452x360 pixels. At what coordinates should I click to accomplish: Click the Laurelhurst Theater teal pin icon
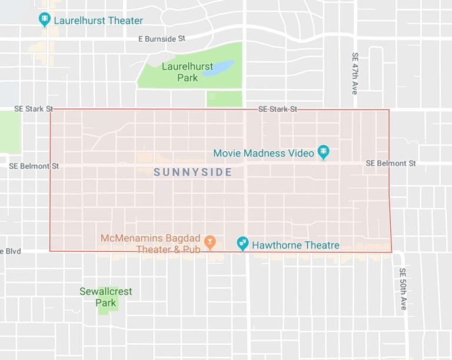[45, 21]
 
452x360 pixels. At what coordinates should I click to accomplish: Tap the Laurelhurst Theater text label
[98, 21]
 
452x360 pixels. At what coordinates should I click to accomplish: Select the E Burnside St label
[162, 39]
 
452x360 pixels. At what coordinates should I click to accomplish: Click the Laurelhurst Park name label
[187, 72]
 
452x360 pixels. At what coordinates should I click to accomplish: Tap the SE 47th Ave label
[355, 74]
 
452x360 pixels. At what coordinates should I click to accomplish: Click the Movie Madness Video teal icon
[323, 153]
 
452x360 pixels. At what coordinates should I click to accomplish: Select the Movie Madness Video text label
[264, 153]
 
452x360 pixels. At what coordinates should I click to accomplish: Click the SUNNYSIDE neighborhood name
[192, 172]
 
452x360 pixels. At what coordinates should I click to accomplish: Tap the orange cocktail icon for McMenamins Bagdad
[210, 241]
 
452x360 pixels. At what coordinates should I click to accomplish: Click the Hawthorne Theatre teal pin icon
[242, 244]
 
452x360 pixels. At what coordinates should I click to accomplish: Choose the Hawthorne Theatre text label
[295, 245]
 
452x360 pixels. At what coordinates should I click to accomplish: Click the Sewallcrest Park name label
[106, 297]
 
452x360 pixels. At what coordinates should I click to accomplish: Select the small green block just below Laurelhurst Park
[224, 99]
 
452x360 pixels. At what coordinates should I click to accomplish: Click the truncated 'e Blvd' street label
[11, 251]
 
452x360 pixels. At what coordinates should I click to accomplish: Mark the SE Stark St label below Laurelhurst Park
[277, 109]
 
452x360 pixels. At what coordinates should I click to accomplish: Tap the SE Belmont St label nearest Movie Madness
[390, 163]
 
